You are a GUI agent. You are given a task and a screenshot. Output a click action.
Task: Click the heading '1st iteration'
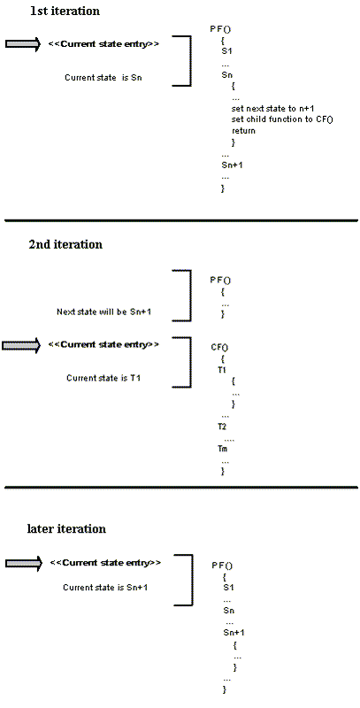[65, 11]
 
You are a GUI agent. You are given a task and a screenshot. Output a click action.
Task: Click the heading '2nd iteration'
[65, 244]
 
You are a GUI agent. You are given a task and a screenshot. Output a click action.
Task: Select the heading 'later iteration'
[66, 528]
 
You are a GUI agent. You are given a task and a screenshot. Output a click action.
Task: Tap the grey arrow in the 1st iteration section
[23, 43]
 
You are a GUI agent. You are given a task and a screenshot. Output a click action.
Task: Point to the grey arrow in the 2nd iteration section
[21, 345]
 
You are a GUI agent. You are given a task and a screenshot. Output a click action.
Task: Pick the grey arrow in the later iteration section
[24, 563]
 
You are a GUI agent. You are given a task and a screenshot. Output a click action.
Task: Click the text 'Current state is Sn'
[103, 77]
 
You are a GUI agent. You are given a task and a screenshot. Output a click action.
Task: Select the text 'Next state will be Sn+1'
[103, 312]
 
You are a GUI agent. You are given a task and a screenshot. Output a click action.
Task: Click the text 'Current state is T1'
[103, 378]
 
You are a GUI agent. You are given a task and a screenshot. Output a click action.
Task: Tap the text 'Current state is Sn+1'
[105, 588]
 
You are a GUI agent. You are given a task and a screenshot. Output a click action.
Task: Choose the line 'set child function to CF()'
[282, 119]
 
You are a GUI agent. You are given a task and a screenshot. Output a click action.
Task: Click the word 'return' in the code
[243, 131]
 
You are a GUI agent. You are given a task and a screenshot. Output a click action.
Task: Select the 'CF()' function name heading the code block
[219, 347]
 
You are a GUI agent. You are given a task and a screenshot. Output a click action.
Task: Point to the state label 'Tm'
[222, 449]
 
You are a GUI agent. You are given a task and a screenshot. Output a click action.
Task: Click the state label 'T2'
[221, 427]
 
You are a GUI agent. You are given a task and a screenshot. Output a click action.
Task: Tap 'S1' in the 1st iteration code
[226, 51]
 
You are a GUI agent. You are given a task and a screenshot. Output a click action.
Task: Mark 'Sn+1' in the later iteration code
[234, 633]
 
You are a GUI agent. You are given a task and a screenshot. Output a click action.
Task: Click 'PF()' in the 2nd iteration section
[220, 280]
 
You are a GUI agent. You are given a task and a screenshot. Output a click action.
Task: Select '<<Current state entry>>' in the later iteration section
[105, 563]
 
